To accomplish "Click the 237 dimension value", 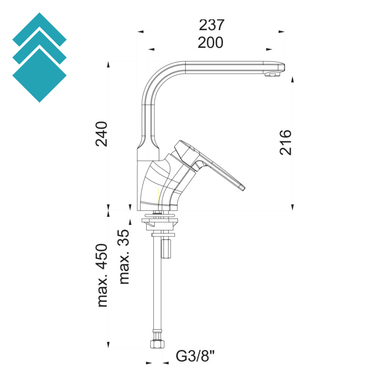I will coord(211,25).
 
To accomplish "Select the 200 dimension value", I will coord(210,43).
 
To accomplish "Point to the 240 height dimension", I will coord(101,134).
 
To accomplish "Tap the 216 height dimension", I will coord(286,142).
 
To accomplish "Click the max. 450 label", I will coord(102,275).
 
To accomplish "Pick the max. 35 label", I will coord(124,256).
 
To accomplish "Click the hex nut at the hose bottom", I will coord(158,344).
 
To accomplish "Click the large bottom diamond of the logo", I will coord(39,75).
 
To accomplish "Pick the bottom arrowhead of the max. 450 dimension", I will coord(108,345).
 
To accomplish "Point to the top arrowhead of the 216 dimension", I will coord(293,80).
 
